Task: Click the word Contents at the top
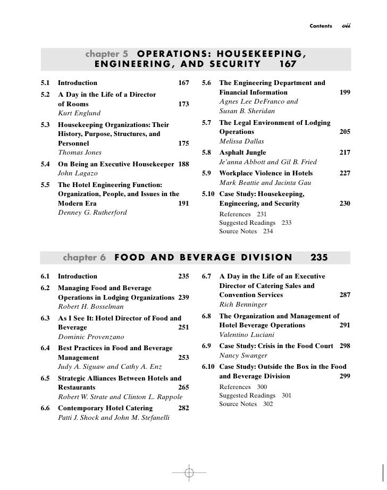tap(320, 26)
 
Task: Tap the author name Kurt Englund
tap(78, 113)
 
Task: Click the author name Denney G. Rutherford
tap(92, 213)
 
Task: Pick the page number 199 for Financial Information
tap(344, 92)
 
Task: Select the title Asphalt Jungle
tap(242, 153)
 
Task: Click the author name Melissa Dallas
tap(241, 141)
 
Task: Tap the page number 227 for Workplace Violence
tap(344, 173)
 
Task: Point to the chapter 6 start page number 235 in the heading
tap(319, 258)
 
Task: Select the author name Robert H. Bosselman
tap(90, 307)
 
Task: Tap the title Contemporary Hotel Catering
tap(105, 408)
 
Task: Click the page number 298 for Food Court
tap(344, 346)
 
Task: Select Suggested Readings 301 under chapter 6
tap(255, 395)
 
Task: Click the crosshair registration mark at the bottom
tap(188, 472)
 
